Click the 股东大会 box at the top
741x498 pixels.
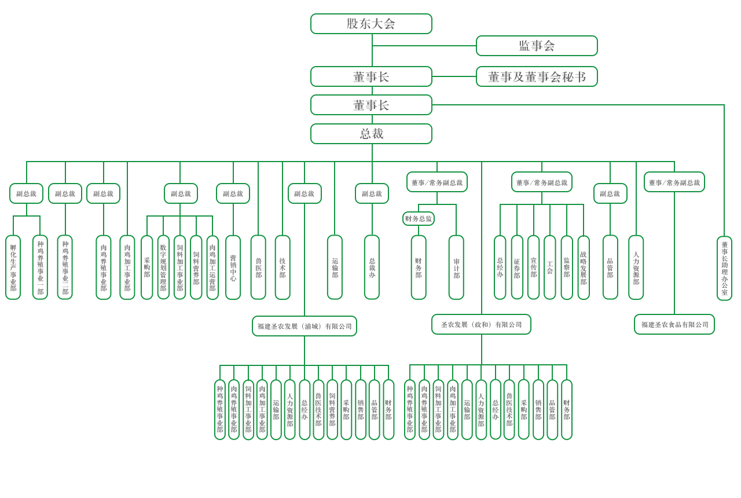point(371,24)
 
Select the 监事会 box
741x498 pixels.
point(537,46)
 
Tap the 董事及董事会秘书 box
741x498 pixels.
point(537,76)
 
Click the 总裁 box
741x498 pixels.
point(371,134)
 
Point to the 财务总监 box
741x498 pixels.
point(419,219)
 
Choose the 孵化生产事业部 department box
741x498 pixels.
point(13,268)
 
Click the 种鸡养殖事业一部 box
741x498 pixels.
point(40,268)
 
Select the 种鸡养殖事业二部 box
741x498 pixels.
point(65,268)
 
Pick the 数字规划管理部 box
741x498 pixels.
point(163,268)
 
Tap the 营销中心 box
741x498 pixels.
point(233,268)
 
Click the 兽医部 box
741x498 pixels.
point(258,268)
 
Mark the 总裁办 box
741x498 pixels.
point(372,268)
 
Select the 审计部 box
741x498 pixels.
point(456,268)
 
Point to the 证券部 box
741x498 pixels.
point(517,268)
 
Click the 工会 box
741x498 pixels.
point(550,268)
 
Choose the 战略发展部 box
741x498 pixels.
point(584,268)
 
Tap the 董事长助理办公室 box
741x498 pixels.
point(724,268)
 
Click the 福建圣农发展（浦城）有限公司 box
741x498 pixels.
point(305,326)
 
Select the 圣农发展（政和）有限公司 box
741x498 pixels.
point(481,324)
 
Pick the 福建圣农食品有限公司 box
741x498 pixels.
point(674,324)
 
